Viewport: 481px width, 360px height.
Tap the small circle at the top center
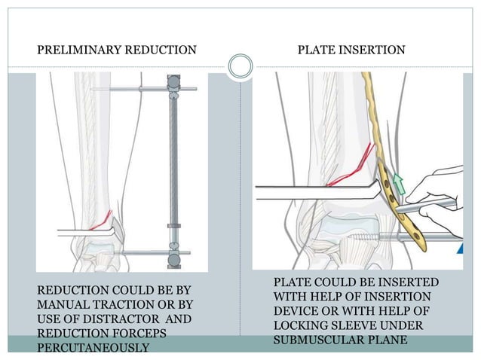240,66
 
